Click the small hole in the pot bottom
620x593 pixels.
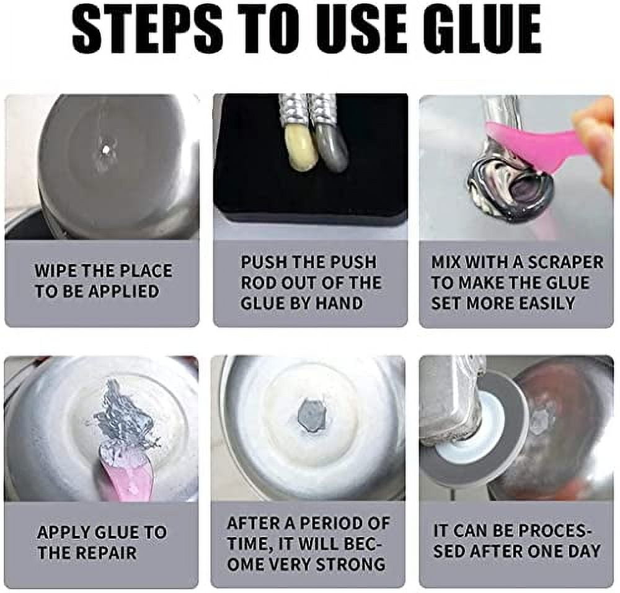point(106,150)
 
